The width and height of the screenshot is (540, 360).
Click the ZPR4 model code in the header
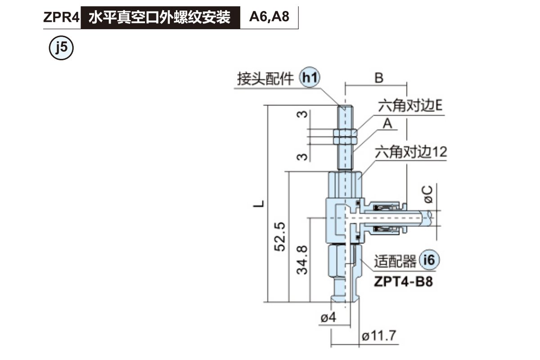pos(61,18)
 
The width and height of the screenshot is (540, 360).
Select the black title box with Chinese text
pos(160,18)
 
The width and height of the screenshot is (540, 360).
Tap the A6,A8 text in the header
pos(269,18)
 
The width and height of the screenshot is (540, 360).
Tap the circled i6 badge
pos(429,260)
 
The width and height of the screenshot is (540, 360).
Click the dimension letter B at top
pos(379,78)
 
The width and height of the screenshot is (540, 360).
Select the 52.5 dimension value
pos(280,236)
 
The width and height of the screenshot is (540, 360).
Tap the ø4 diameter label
pos(329,318)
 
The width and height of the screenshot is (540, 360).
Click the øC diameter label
pos(428,193)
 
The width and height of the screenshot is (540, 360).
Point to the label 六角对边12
pos(411,153)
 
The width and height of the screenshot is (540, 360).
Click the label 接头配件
pos(265,79)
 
